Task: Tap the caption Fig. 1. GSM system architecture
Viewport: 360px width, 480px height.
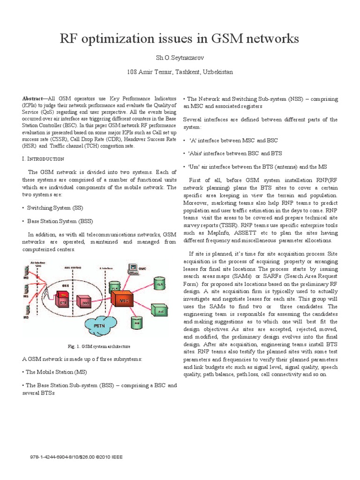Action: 99,346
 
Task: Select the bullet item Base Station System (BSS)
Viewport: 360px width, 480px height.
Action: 60,220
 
